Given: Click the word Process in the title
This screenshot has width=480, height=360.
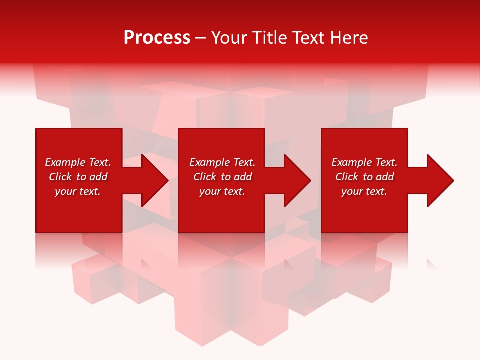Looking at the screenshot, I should point(157,38).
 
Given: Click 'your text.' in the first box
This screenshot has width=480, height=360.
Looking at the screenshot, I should point(78,191).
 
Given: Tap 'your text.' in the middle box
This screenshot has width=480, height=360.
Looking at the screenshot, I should point(222,191).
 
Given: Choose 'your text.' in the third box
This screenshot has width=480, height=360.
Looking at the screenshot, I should point(364,191).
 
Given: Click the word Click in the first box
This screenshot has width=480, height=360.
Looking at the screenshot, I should point(60,177).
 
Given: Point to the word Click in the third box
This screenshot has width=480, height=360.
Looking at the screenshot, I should point(347,177).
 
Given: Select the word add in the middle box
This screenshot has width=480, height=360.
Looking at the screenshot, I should point(243,177).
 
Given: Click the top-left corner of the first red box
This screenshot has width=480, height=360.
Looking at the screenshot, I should point(36,129).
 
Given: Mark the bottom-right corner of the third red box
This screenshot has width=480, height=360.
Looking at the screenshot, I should point(407,232).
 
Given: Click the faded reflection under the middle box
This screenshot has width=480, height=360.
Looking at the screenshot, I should point(221,250).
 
